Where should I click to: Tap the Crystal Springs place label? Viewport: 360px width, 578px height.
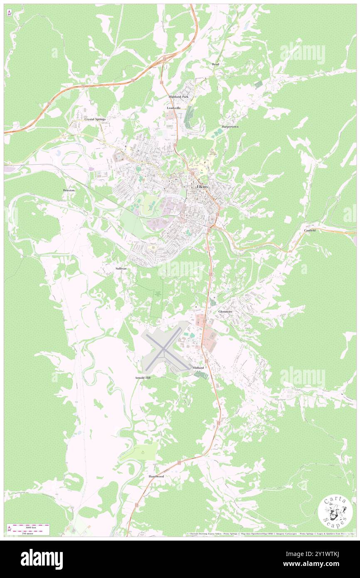click(x=95, y=119)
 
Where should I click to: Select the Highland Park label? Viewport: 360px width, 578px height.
click(x=178, y=96)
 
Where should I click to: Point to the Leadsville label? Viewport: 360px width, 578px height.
click(x=174, y=108)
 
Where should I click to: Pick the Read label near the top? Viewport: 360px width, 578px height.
click(x=215, y=64)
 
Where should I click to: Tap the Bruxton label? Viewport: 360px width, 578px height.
click(x=69, y=190)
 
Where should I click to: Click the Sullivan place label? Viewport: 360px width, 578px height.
click(x=121, y=269)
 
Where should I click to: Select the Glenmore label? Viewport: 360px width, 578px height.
click(x=225, y=311)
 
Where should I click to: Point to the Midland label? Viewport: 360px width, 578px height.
click(x=198, y=368)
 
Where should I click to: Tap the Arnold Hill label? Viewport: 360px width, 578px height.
click(x=143, y=378)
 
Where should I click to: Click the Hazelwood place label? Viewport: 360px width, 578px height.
click(x=156, y=476)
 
